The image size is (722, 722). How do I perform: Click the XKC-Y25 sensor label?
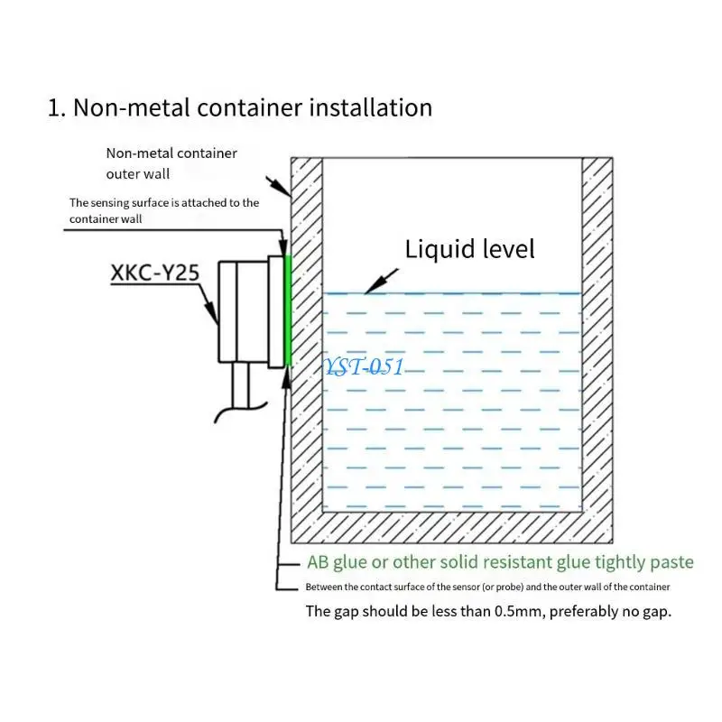153,273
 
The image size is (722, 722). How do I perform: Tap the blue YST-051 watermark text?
364,367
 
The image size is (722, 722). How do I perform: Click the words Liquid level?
469,248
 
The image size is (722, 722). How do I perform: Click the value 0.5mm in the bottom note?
517,611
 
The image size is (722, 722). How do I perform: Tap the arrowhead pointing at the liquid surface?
369,290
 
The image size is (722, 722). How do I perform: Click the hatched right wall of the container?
597,343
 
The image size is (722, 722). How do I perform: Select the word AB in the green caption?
317,562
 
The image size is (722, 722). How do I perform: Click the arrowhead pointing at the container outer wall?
287,193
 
